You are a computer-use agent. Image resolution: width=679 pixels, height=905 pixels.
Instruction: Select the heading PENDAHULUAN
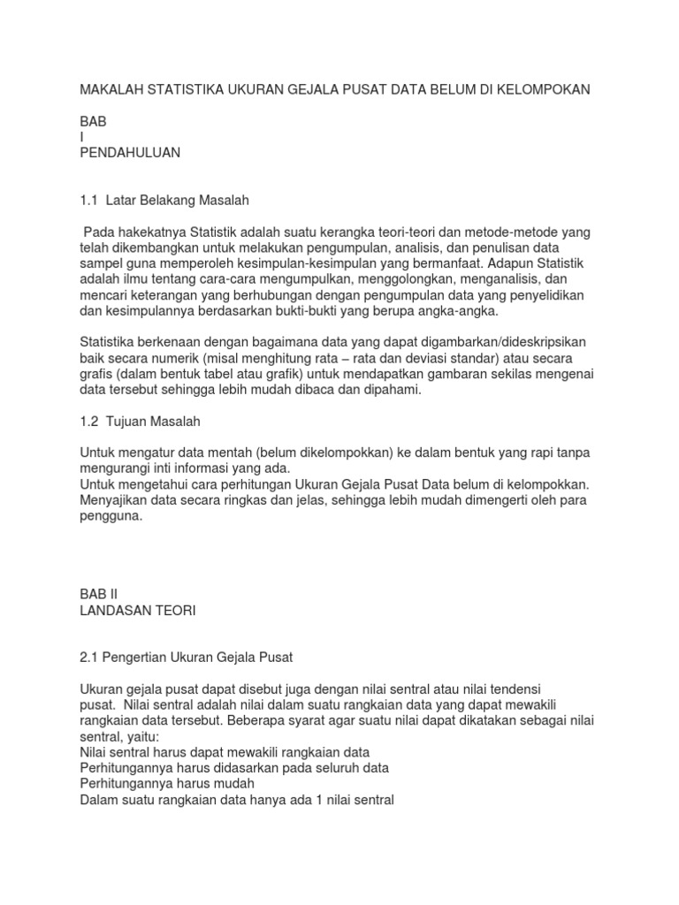point(130,153)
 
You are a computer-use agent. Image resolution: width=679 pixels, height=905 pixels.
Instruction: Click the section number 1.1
point(89,201)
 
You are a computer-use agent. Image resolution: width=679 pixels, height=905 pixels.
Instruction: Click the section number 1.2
point(89,422)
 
